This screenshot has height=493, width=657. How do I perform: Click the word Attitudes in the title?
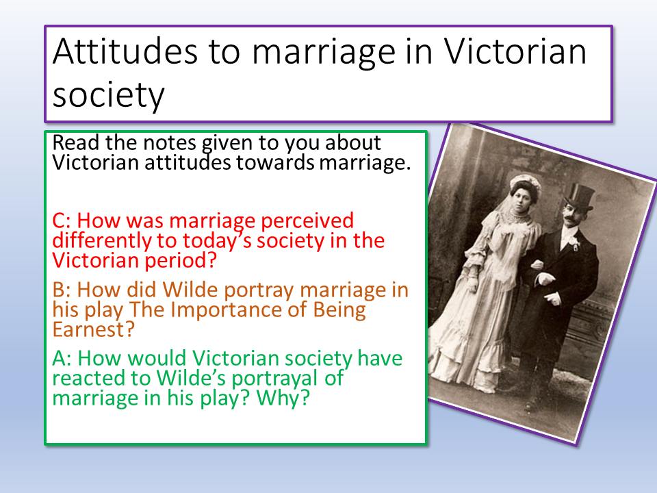(125, 51)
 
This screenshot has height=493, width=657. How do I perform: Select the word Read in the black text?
(76, 142)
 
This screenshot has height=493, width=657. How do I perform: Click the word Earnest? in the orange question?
(94, 329)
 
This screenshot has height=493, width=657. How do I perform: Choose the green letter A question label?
(62, 358)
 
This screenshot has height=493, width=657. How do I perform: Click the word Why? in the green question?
(283, 399)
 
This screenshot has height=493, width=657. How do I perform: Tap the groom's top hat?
(580, 197)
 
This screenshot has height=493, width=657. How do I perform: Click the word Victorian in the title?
(515, 51)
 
